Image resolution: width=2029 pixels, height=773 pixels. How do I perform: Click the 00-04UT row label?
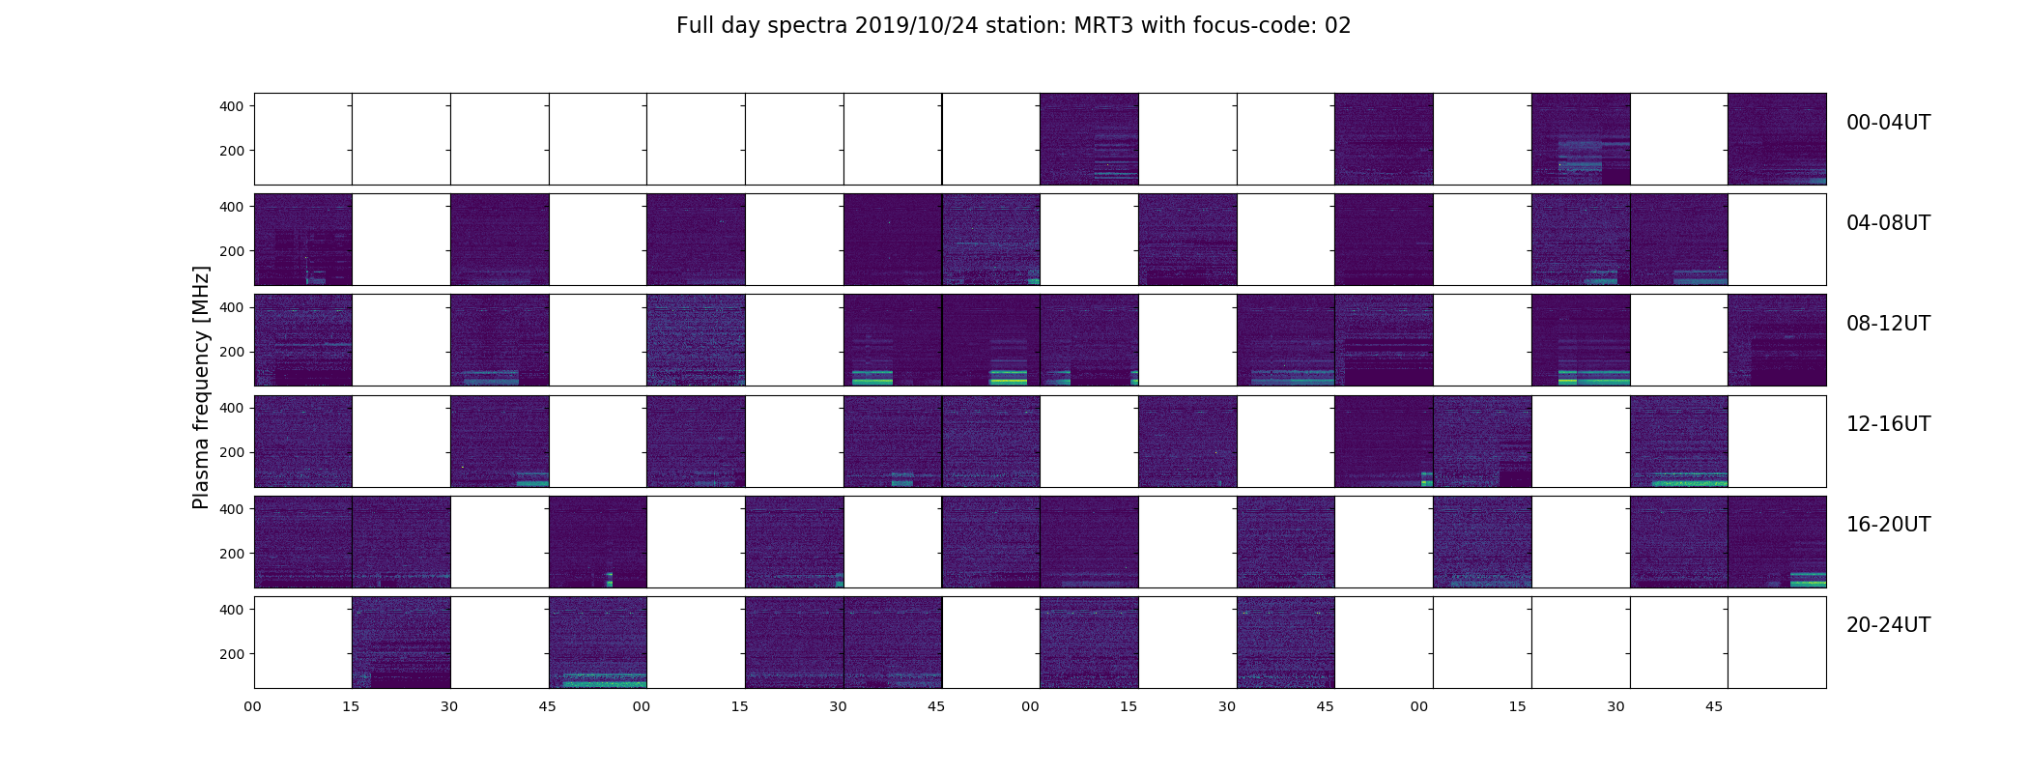click(x=1888, y=123)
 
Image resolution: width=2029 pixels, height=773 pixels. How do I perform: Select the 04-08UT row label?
click(x=1888, y=223)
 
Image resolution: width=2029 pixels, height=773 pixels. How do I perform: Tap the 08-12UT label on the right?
click(x=1888, y=324)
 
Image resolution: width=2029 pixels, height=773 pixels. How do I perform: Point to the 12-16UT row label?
click(x=1888, y=424)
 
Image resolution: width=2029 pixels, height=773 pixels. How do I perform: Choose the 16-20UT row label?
click(x=1888, y=525)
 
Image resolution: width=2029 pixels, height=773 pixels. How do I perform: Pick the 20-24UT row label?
click(x=1888, y=625)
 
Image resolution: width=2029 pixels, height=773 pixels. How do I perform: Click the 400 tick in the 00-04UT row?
click(x=232, y=106)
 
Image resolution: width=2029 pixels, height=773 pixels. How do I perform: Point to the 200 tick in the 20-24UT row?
click(x=232, y=654)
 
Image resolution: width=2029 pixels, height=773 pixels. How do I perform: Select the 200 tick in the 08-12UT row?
click(x=232, y=353)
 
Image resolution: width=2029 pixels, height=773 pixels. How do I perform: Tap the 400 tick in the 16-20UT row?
click(x=232, y=509)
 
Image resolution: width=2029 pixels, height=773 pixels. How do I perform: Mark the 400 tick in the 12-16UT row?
click(x=232, y=409)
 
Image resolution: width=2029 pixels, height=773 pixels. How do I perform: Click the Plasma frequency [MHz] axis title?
click(x=201, y=387)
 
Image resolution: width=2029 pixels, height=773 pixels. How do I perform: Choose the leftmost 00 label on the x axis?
click(x=252, y=707)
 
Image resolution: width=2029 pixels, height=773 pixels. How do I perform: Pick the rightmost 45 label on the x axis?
click(x=1714, y=707)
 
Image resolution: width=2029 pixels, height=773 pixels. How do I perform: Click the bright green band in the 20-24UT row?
click(x=598, y=679)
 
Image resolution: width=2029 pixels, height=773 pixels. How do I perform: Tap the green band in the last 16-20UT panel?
click(x=1808, y=580)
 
